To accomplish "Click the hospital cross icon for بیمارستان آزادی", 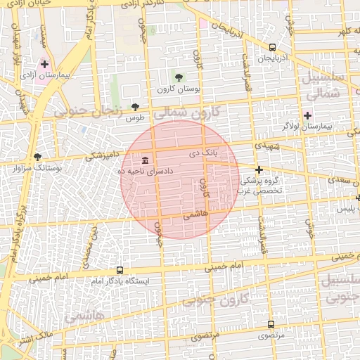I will (44, 64).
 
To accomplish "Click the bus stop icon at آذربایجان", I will (272, 47).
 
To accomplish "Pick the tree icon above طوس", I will (135, 107).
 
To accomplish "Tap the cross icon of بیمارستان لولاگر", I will (307, 115).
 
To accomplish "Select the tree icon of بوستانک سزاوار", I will (37, 157).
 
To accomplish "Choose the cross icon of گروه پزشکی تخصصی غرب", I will (259, 169).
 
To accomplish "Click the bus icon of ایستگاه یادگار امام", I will (120, 270).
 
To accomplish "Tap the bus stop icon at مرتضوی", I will (271, 325).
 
